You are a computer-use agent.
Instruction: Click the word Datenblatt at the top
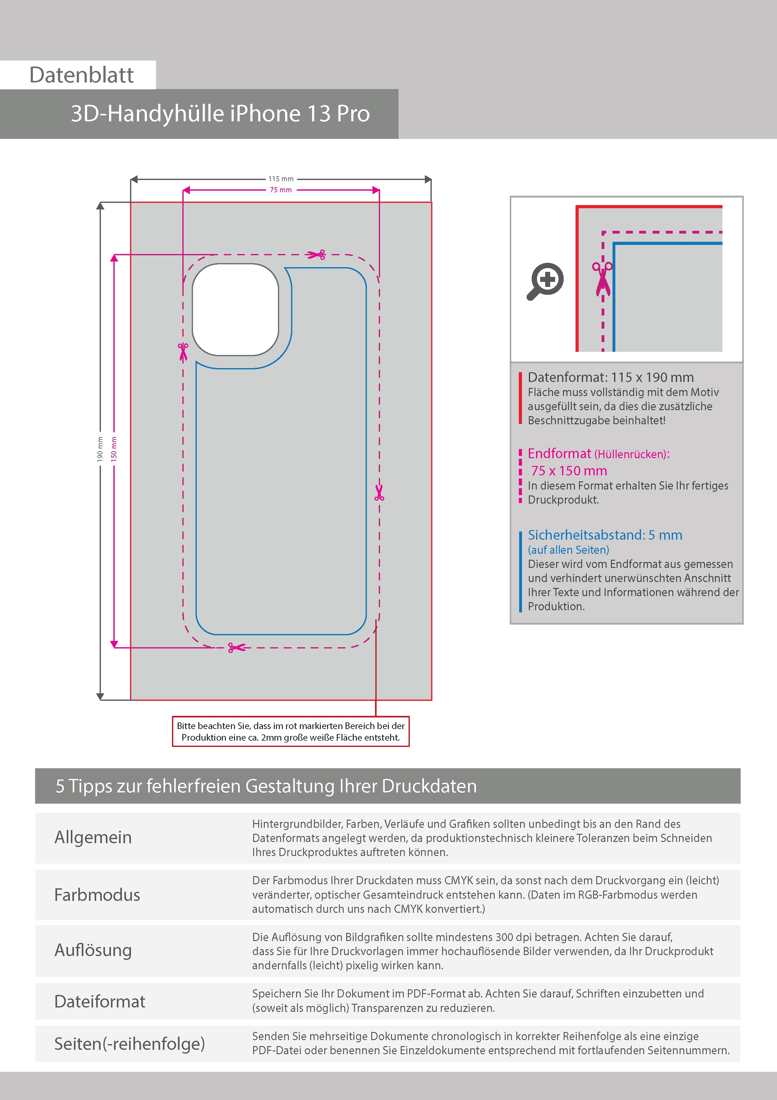point(81,75)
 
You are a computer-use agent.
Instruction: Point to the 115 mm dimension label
point(281,179)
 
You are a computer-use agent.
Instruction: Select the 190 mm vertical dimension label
point(100,449)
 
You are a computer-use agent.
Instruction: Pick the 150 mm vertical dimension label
point(114,449)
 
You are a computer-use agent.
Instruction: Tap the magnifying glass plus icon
point(546,281)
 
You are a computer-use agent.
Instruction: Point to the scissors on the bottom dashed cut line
point(237,648)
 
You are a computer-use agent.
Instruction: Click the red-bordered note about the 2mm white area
point(291,732)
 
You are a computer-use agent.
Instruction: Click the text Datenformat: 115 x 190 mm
point(610,378)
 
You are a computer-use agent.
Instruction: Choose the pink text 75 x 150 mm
point(569,471)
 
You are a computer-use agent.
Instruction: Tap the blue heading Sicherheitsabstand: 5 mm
point(605,535)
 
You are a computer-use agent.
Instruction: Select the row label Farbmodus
point(97,895)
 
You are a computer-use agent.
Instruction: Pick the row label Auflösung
point(93,950)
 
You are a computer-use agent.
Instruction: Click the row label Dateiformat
point(100,1001)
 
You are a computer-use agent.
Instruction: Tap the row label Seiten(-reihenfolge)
point(129,1044)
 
